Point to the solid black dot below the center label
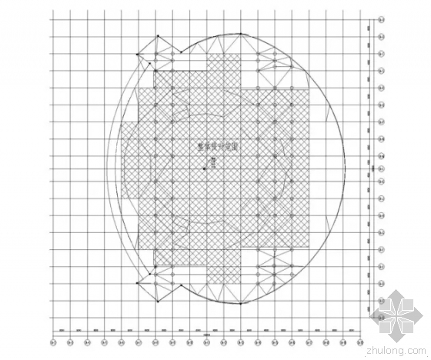pyautogui.click(x=205, y=168)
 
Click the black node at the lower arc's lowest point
pyautogui.click(x=240, y=306)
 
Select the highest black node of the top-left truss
pyautogui.click(x=159, y=36)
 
